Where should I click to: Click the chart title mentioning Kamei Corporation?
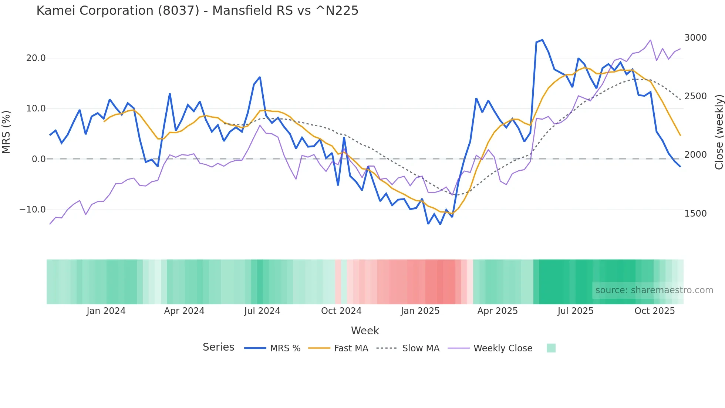197,11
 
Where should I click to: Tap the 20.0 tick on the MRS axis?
36,58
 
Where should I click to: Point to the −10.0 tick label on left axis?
33,210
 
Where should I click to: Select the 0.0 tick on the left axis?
38,159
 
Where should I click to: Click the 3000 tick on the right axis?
695,38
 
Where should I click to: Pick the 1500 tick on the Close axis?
695,214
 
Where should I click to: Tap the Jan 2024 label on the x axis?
106,311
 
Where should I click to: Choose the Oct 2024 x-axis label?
341,311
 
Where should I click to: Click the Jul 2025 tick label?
576,311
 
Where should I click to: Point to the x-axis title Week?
365,331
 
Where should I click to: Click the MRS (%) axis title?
6,132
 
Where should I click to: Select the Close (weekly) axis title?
719,132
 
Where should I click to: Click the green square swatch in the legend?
551,348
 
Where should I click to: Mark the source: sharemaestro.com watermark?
654,290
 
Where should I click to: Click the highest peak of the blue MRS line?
542,40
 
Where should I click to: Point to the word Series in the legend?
218,347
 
